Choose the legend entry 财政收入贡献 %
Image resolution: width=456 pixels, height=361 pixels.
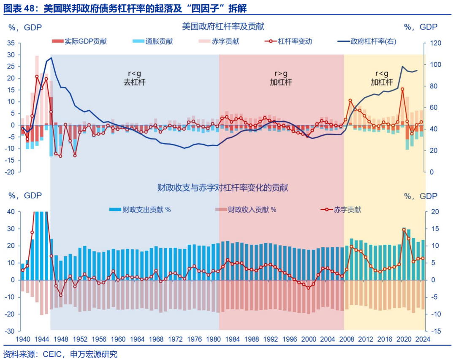pos(252,210)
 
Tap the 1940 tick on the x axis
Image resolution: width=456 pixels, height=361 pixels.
pos(23,339)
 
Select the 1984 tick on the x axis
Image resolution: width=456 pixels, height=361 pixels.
pos(233,339)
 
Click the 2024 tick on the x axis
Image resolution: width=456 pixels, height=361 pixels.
pos(423,339)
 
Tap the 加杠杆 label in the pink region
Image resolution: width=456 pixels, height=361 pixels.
pos(281,82)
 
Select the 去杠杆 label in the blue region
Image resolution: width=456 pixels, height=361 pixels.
pos(134,82)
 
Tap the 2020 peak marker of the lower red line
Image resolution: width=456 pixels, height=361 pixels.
pos(404,230)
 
